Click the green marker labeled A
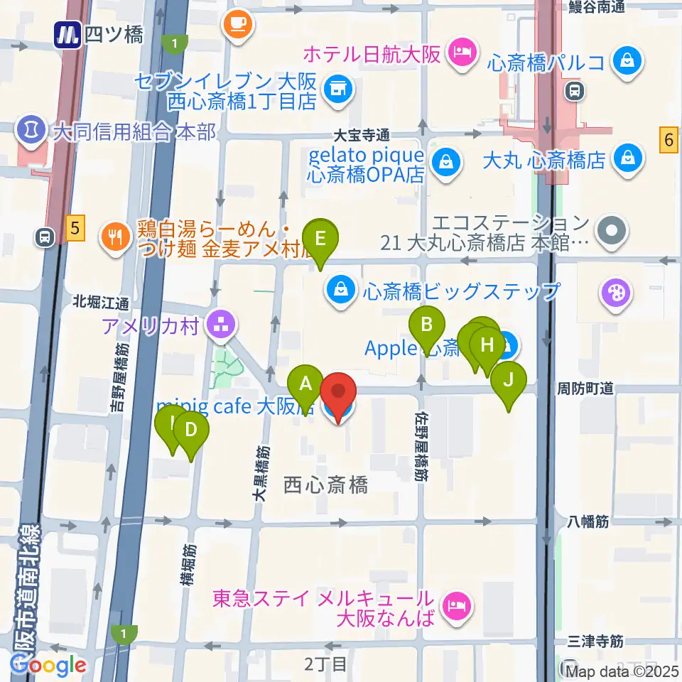tap(306, 385)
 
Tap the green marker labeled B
tap(427, 325)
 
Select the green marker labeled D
tap(190, 430)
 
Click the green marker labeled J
tap(509, 379)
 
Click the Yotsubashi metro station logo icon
tap(68, 33)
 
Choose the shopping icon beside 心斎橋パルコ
tap(629, 62)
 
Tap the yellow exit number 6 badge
tap(669, 139)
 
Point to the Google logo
tap(48, 664)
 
